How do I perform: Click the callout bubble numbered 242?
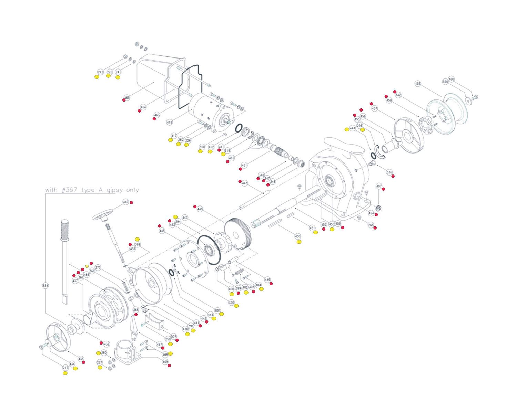click(100, 72)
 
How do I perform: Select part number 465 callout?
click(127, 98)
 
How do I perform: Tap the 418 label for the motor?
click(169, 122)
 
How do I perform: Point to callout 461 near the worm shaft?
click(244, 166)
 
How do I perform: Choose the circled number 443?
click(245, 183)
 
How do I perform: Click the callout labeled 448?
click(200, 209)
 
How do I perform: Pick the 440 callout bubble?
click(125, 202)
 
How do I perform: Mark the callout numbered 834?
click(45, 286)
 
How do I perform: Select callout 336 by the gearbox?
click(389, 172)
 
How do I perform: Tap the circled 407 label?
click(379, 186)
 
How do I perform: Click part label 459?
click(418, 84)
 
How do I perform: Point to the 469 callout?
click(165, 362)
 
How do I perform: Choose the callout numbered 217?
click(65, 368)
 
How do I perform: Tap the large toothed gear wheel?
click(238, 232)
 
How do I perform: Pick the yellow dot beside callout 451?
click(315, 232)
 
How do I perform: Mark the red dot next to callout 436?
click(101, 343)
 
